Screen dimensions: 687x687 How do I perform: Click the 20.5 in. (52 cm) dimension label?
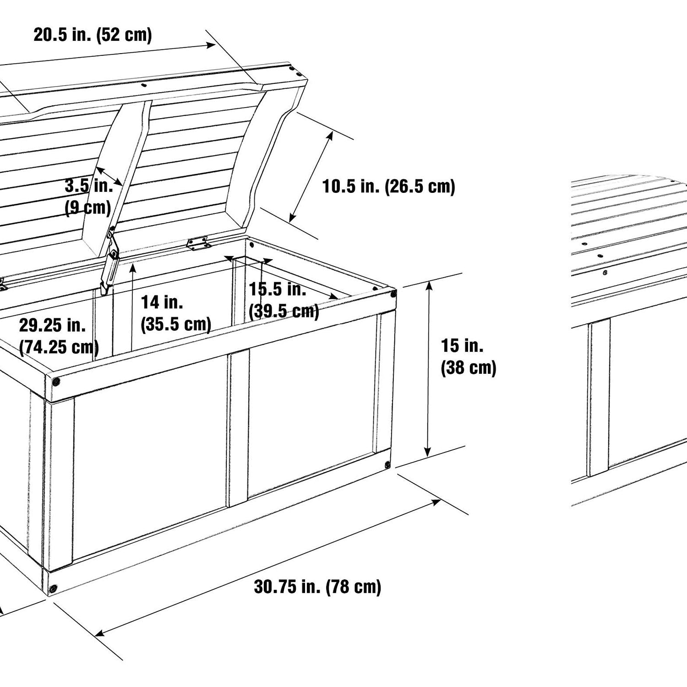93,35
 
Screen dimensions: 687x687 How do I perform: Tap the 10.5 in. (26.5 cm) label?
389,186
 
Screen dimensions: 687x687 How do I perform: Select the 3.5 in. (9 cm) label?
88,196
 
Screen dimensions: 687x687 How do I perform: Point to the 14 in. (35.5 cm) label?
176,313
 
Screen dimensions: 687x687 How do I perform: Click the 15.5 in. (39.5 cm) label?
284,300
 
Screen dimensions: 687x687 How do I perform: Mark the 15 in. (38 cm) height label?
469,357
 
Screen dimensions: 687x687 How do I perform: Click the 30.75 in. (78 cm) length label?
317,587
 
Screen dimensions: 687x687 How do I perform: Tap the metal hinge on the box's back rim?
198,243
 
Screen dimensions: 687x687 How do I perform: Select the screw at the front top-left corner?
55,381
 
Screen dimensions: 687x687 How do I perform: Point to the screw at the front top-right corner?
393,294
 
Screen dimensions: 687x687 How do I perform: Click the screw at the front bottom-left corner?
54,588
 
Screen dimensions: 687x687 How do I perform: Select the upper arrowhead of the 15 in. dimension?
429,287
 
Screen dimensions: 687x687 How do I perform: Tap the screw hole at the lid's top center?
143,85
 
